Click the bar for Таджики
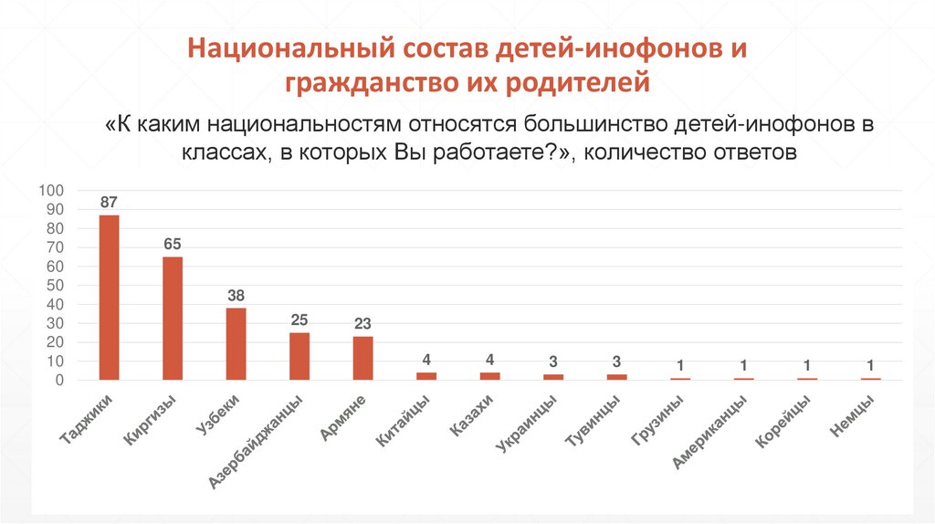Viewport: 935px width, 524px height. click(x=109, y=297)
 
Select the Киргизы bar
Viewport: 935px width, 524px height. click(x=173, y=318)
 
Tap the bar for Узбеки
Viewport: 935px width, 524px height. click(x=236, y=343)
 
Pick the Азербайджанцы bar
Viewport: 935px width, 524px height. click(x=299, y=356)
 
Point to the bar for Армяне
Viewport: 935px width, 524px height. click(x=362, y=358)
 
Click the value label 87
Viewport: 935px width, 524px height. click(x=109, y=202)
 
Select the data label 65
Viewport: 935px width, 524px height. click(x=173, y=244)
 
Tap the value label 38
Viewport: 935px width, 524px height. click(x=236, y=295)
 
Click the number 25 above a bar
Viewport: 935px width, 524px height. click(x=299, y=320)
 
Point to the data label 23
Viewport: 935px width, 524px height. click(x=362, y=323)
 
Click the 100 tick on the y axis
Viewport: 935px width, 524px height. click(x=51, y=191)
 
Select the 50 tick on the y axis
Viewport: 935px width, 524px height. click(x=55, y=285)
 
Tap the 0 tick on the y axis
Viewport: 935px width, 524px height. click(x=58, y=380)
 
